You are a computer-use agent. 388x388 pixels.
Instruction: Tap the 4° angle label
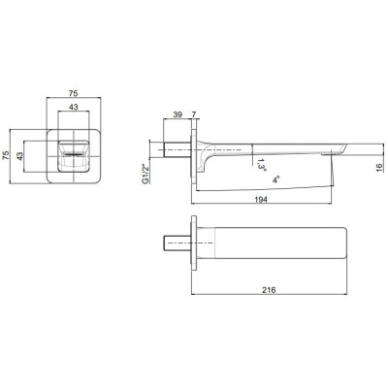point(275,180)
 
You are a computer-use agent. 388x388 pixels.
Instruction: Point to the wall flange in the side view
point(199,151)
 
